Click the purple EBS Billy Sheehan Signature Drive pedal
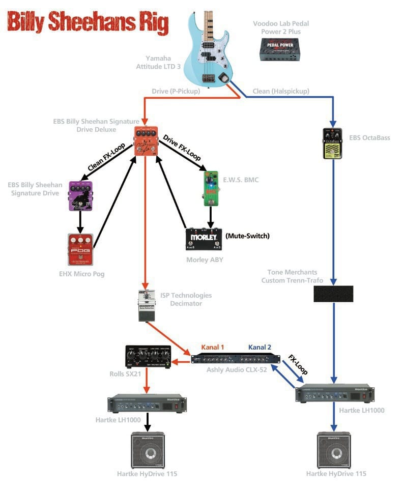click(80, 195)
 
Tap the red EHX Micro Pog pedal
click(80, 249)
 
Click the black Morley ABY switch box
click(204, 239)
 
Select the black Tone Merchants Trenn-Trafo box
click(333, 294)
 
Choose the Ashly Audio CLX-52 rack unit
click(236, 359)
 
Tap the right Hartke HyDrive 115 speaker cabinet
click(334, 450)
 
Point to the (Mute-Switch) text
click(247, 236)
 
